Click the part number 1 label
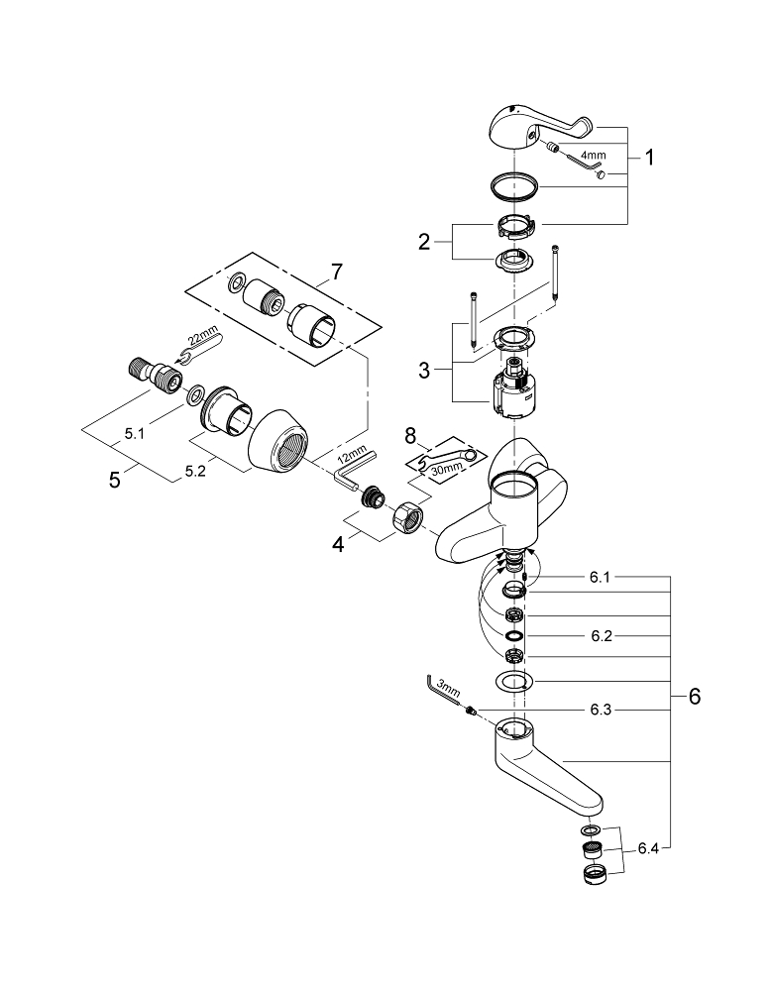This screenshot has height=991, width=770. (649, 156)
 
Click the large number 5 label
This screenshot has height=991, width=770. (115, 479)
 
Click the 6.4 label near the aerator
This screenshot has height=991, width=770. (649, 847)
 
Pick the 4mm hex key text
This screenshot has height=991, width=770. (594, 156)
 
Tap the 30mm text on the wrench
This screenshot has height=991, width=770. (451, 464)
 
